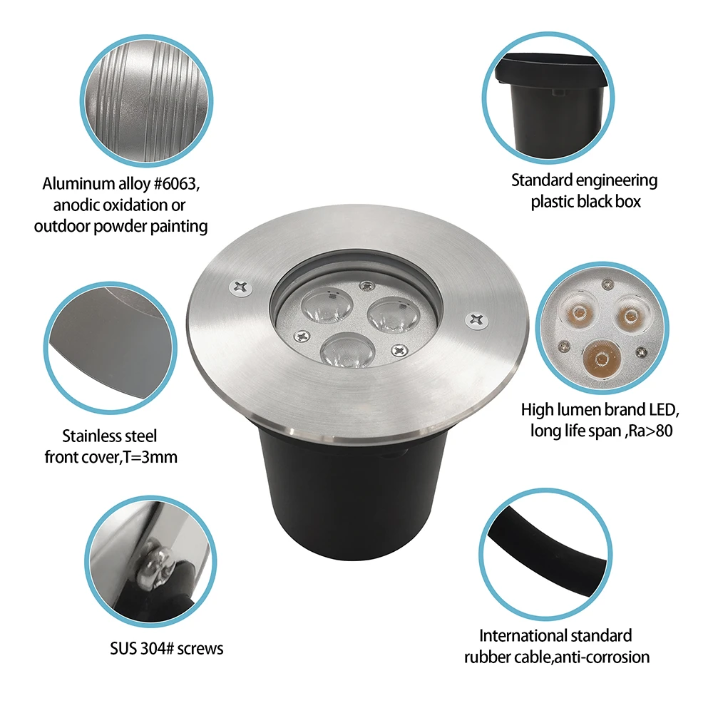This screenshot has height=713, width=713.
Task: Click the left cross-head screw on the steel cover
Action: coord(240,287)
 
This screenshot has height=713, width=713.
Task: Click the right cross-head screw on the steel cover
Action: coord(476,319)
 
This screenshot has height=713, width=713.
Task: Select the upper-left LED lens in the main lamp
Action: coord(327,304)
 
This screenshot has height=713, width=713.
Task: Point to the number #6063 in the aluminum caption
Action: coord(175,184)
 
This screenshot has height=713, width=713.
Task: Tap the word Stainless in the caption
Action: coord(90,436)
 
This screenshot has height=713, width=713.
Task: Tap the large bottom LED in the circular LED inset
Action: coord(601,359)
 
